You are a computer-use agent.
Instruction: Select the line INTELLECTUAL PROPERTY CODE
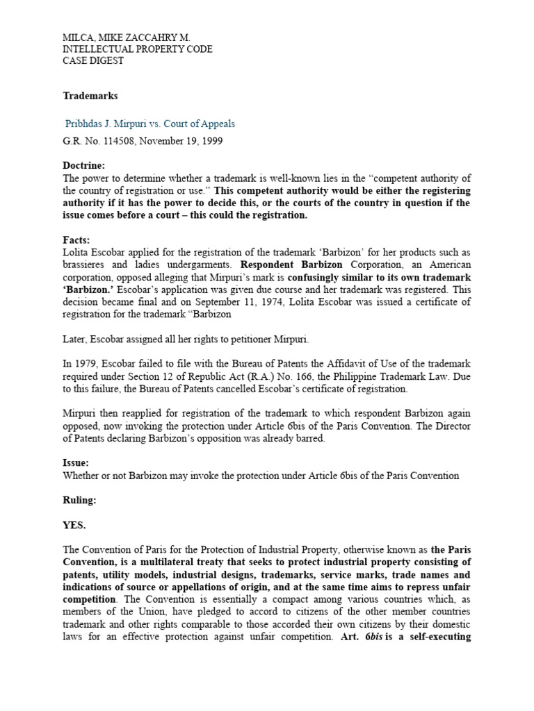(x=138, y=49)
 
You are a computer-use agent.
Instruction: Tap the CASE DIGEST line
(x=93, y=62)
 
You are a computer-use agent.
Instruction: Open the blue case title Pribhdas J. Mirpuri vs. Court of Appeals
(x=150, y=124)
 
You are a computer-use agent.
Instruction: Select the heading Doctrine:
(x=83, y=166)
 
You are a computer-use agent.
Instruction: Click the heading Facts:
(x=76, y=240)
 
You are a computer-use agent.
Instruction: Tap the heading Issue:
(x=76, y=463)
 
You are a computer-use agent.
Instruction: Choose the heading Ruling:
(x=81, y=500)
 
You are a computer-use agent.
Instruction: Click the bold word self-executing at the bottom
(x=437, y=636)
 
